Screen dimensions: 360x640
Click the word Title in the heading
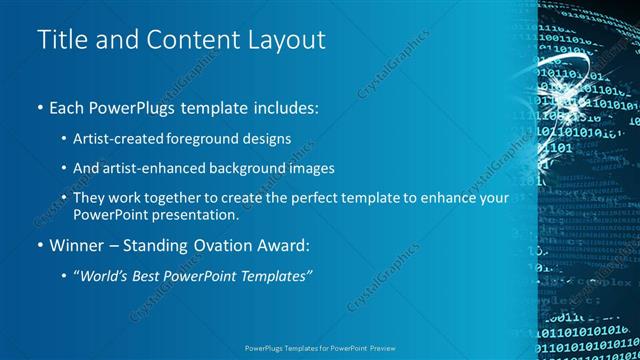pyautogui.click(x=62, y=41)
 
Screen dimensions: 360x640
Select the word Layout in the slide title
pyautogui.click(x=287, y=41)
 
